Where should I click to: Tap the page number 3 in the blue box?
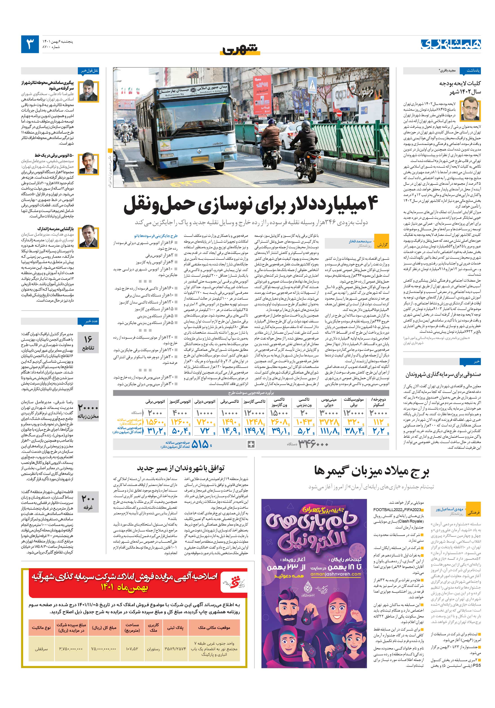30,44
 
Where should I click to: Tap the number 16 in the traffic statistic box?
88,339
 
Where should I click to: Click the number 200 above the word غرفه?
88,499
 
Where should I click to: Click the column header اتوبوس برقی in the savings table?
155,402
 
